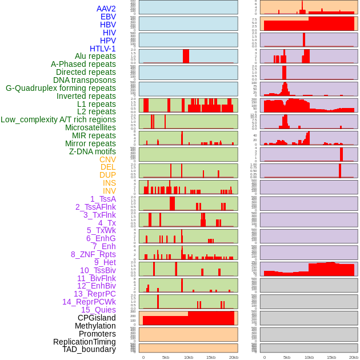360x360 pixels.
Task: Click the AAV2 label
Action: pyautogui.click(x=106, y=9)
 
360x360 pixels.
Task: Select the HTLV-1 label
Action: pyautogui.click(x=103, y=49)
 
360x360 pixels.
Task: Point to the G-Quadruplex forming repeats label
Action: pyautogui.click(x=61, y=88)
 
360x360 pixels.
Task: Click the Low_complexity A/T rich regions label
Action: pyautogui.click(x=58, y=119)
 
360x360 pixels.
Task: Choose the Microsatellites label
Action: pyautogui.click(x=90, y=127)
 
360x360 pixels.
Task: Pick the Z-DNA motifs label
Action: pyautogui.click(x=93, y=151)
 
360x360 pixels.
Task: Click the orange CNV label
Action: pyautogui.click(x=107, y=159)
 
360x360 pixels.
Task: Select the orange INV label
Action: pyautogui.click(x=109, y=191)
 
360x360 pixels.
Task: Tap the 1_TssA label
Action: pyautogui.click(x=103, y=199)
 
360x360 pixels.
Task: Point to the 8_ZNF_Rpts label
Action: pyautogui.click(x=93, y=254)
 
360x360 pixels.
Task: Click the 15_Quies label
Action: pyautogui.click(x=98, y=310)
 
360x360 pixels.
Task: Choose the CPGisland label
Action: pyautogui.click(x=97, y=318)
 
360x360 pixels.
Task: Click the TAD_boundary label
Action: pyautogui.click(x=89, y=349)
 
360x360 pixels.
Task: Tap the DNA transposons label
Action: pyautogui.click(x=85, y=80)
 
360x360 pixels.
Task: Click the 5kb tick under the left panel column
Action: pyautogui.click(x=166, y=357)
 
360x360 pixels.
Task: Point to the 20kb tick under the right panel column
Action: pyautogui.click(x=354, y=357)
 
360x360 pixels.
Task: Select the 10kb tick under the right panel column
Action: pyautogui.click(x=309, y=357)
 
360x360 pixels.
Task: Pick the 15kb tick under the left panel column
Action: pyautogui.click(x=211, y=357)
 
